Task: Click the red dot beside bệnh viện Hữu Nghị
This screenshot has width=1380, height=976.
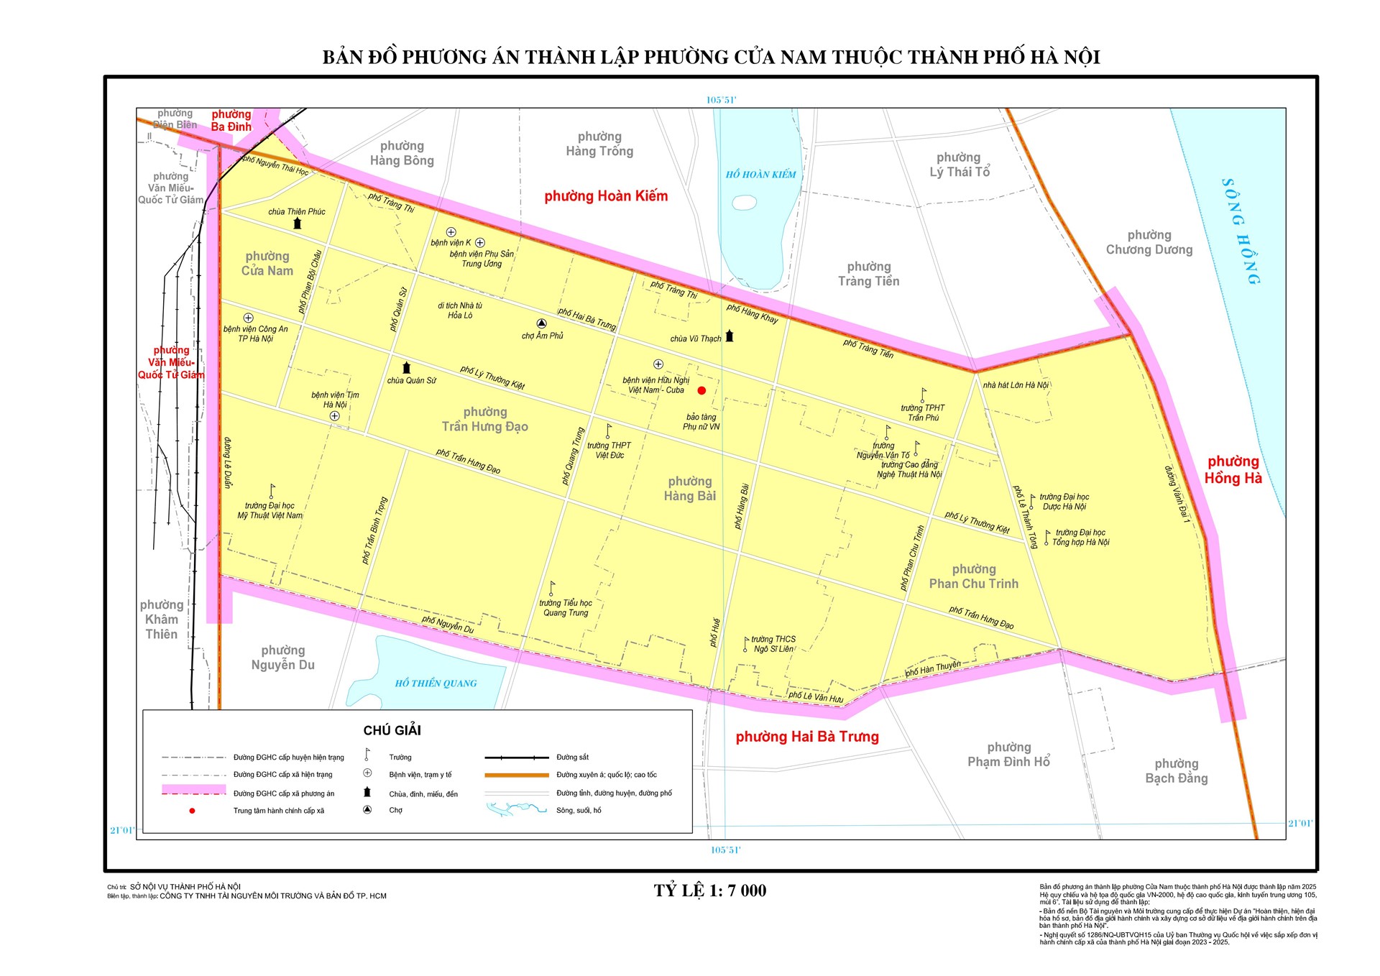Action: (x=701, y=391)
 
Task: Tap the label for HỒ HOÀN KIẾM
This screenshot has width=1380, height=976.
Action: (x=760, y=175)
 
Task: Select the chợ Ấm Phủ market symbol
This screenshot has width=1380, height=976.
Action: (x=541, y=324)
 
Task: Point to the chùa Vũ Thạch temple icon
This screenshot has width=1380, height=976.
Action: (x=730, y=336)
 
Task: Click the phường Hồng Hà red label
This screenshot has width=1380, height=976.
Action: (x=1233, y=470)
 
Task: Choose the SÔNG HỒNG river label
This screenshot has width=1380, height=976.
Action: (x=1241, y=231)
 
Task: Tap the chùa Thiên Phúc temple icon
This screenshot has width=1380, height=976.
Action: (x=297, y=224)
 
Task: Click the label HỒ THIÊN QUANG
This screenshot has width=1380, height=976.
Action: (x=436, y=683)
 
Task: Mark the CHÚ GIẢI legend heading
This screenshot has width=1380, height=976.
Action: (x=392, y=730)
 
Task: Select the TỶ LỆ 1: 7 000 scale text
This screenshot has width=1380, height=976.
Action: (x=709, y=891)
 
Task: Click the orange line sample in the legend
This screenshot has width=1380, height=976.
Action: (x=516, y=775)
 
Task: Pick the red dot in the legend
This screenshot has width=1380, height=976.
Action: (x=192, y=811)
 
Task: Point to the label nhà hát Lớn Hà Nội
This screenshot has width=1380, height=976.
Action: (x=1016, y=385)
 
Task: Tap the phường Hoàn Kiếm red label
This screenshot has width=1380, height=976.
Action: (x=606, y=196)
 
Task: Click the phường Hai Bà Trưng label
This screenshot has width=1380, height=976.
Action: (x=807, y=737)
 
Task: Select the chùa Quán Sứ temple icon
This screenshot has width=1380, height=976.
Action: (x=406, y=368)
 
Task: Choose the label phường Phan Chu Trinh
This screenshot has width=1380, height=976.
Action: (x=973, y=576)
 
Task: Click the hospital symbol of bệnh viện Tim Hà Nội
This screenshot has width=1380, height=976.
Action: (x=334, y=416)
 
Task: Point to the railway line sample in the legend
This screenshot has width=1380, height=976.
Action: (x=516, y=758)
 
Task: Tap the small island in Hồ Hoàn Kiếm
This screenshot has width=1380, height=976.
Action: (x=744, y=203)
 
